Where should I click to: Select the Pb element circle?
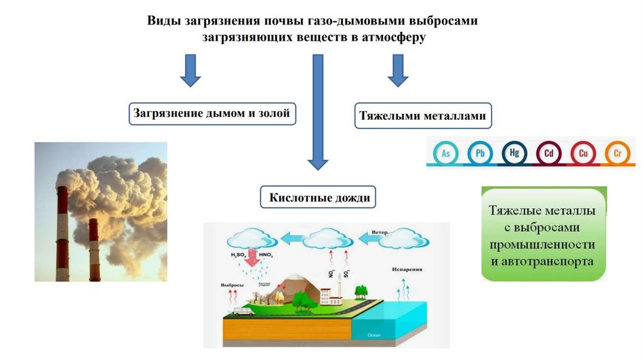tap(480, 152)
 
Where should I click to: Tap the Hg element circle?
tap(514, 152)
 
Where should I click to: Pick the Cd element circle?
tap(549, 152)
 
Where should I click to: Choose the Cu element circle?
tap(582, 152)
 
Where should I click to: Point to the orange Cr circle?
tap(617, 152)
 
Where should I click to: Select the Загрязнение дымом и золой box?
tap(213, 114)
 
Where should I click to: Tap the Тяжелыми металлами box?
tap(423, 116)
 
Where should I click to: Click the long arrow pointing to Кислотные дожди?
tap(318, 113)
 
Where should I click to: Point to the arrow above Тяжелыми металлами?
tap(396, 70)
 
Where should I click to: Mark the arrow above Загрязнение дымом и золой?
tap(190, 70)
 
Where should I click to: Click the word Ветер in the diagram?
tap(379, 231)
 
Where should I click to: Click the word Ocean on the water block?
tap(375, 334)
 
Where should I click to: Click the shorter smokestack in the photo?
tap(93, 250)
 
